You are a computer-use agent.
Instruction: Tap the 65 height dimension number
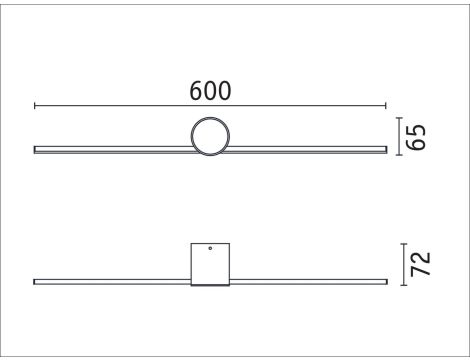[420, 136]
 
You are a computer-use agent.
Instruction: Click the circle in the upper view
[210, 136]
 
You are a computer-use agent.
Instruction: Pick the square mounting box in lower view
[210, 265]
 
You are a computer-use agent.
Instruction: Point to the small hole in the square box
[210, 248]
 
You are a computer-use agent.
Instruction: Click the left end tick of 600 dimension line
[35, 104]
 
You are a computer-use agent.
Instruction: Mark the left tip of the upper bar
[36, 149]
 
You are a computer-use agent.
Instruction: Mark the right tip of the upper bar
[385, 149]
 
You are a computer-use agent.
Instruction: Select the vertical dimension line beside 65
[402, 136]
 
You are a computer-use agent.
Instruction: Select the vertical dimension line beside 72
[402, 264]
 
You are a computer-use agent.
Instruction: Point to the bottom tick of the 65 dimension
[402, 154]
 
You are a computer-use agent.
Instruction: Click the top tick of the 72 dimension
[402, 243]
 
